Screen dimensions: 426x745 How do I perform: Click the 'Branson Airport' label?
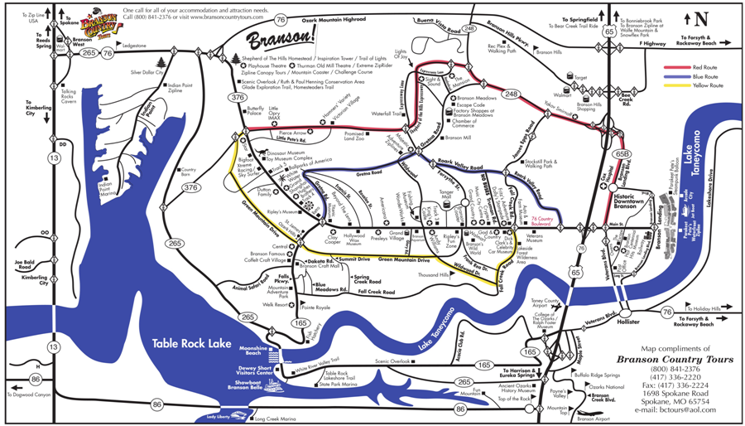590,419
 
